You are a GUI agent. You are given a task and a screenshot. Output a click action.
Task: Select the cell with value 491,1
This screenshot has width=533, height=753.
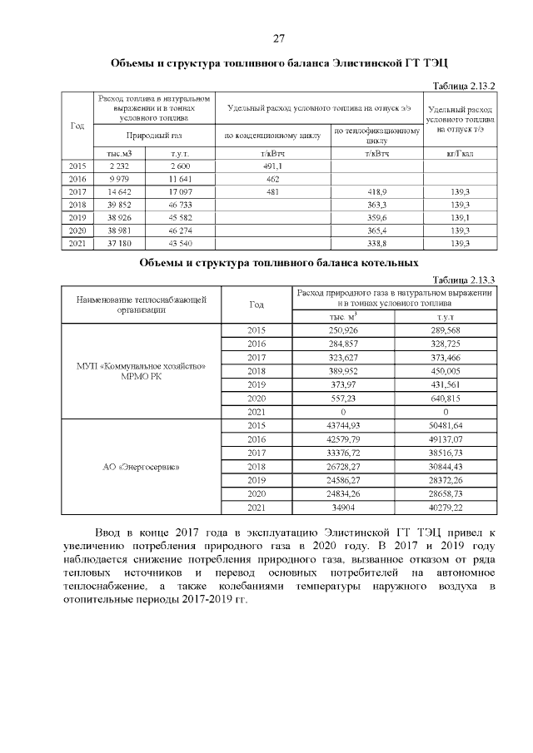pos(271,166)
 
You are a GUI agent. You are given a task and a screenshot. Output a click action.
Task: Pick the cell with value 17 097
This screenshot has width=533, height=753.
pos(180,191)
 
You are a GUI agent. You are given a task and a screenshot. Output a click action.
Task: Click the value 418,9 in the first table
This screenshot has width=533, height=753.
pos(379,191)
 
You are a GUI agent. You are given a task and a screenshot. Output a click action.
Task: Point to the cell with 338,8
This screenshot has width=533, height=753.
pos(379,242)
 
